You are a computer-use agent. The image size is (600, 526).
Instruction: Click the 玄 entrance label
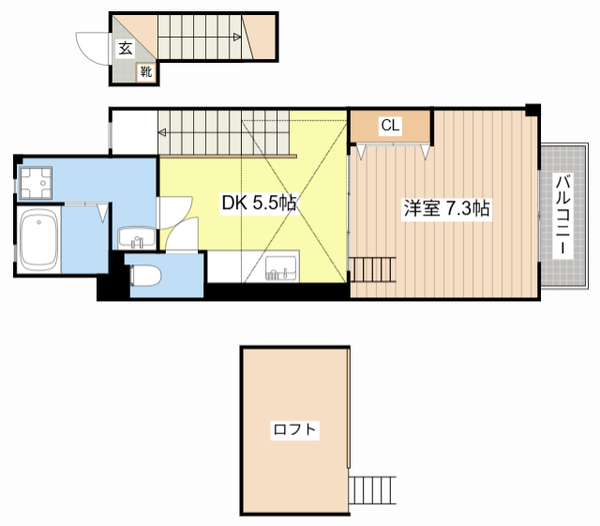(x=126, y=49)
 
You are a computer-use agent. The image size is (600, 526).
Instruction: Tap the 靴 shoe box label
(x=146, y=71)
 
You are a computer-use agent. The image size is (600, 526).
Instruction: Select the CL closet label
(x=390, y=126)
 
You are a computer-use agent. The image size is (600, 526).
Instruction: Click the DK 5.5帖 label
(x=260, y=203)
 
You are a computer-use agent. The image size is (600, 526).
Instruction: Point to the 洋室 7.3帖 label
(x=446, y=208)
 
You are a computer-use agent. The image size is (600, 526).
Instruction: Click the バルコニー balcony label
(x=563, y=215)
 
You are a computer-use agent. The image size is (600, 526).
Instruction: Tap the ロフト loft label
(x=294, y=429)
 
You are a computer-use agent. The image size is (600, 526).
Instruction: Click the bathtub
(x=38, y=240)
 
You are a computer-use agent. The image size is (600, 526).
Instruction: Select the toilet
(x=145, y=276)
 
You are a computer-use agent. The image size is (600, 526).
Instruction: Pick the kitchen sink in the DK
(x=281, y=268)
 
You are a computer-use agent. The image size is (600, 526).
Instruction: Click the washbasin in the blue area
(x=137, y=238)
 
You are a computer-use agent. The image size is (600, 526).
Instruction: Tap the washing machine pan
(x=36, y=183)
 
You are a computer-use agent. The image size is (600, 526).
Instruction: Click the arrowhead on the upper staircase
(x=237, y=38)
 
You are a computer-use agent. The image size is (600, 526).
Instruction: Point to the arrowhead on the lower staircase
(x=162, y=132)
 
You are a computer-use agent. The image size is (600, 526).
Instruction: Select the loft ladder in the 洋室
(x=373, y=270)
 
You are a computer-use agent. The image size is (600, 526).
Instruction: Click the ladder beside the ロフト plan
(x=372, y=490)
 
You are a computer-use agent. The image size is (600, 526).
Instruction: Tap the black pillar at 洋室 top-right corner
(x=532, y=110)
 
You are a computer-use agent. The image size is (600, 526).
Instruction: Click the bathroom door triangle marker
(x=102, y=214)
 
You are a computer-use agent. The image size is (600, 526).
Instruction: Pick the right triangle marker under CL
(x=425, y=152)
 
